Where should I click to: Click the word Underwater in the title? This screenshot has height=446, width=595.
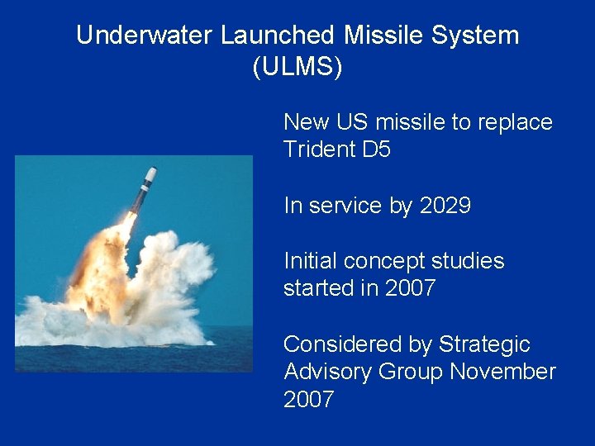click(145, 36)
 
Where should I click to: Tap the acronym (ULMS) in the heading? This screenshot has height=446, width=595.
click(297, 67)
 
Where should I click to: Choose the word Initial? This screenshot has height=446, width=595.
click(310, 261)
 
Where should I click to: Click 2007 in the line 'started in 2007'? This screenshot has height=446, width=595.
click(410, 289)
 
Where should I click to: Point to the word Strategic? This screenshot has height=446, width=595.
click(484, 344)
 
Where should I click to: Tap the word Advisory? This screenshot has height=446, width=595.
click(328, 372)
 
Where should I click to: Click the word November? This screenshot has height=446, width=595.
click(502, 372)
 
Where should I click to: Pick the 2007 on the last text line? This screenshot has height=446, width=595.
click(308, 401)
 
